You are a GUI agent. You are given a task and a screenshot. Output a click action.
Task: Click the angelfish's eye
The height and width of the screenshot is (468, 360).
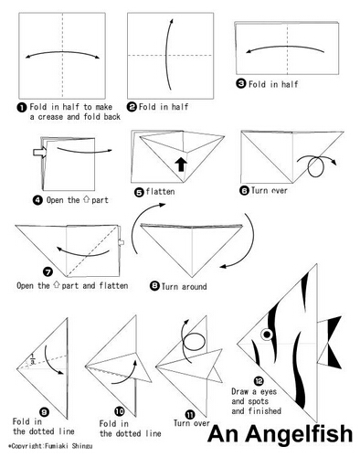coord(267,335)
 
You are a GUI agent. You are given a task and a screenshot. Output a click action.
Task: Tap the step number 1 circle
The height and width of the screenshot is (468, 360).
coord(22,107)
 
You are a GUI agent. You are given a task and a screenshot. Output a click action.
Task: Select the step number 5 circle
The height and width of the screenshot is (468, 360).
coord(139,192)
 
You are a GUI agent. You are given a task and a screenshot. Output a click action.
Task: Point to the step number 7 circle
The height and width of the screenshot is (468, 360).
coord(48,271)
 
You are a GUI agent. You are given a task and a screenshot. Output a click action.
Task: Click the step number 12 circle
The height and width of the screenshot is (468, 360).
coord(259,380)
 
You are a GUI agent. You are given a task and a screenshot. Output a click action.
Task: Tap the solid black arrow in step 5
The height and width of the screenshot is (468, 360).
coord(181,164)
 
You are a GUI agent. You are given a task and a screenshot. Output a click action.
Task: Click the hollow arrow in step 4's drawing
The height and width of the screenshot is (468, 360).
coord(39,152)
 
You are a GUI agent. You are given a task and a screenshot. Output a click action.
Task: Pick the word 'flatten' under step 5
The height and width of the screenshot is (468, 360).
coord(160,192)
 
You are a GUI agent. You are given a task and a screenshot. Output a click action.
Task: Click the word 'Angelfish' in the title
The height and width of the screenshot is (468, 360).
coord(299,434)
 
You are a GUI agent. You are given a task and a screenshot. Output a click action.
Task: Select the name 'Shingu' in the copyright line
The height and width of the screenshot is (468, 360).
coord(82,446)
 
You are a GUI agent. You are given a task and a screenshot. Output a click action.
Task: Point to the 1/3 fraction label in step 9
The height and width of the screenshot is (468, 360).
coord(32,359)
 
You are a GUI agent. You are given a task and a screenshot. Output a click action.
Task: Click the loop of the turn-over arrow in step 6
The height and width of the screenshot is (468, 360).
coord(316,166)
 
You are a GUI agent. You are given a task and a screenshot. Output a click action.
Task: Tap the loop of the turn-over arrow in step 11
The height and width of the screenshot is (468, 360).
coord(194,342)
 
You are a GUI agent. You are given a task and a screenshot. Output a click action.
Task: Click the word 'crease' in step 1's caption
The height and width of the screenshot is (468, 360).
coord(51,117)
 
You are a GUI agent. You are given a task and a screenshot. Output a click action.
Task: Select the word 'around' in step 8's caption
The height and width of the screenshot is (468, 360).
coord(195,287)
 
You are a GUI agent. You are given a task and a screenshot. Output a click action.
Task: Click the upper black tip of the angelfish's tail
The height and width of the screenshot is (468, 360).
coord(340,317)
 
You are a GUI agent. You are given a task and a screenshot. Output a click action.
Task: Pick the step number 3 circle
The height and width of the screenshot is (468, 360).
coord(241,83)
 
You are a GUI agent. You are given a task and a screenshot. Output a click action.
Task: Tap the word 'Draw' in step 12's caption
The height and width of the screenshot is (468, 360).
coord(239,391)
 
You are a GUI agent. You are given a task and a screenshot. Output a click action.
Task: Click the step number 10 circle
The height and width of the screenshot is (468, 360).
coord(120,411)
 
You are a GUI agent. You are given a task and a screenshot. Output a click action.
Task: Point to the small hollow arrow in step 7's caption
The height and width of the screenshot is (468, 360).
coord(56,285)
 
